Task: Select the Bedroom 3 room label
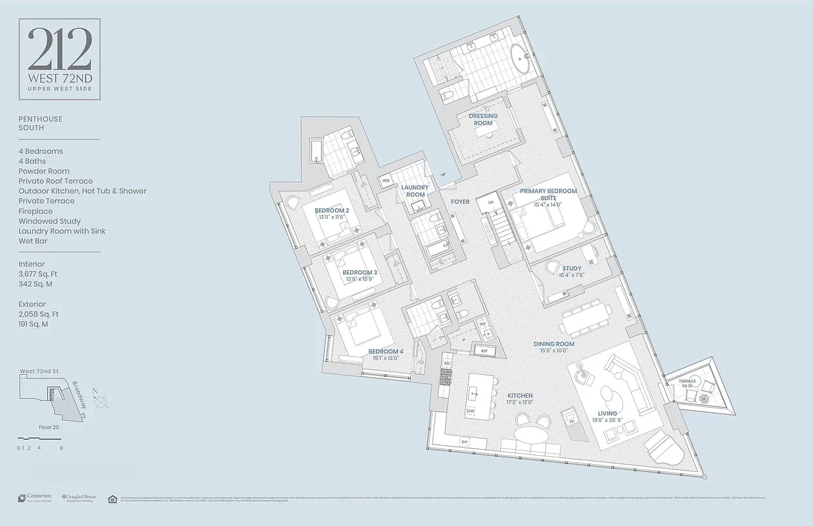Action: coord(360,272)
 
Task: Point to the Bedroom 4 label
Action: coord(386,351)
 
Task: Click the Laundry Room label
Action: coord(415,191)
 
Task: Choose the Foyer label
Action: coord(460,202)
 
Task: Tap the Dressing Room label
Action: coord(483,119)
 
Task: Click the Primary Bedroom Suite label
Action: coord(548,195)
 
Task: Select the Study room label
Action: coord(571,268)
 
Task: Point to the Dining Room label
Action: coord(554,344)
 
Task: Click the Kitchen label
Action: coord(519,396)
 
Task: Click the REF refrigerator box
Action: coord(484,351)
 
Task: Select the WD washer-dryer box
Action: coord(386,180)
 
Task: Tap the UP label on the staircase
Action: coord(490,202)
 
